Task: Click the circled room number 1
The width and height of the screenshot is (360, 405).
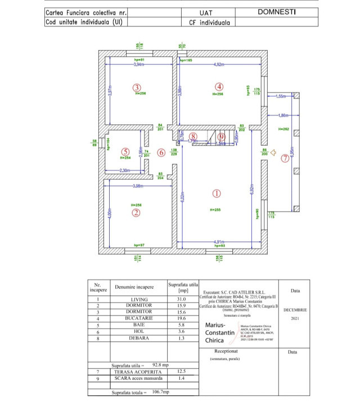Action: (217, 193)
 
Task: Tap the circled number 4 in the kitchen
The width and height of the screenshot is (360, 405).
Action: (219, 87)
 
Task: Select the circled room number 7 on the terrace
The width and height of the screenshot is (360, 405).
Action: (285, 159)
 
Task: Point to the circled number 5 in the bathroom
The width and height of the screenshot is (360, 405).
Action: (125, 152)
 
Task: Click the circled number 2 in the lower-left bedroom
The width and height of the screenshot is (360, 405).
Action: (136, 213)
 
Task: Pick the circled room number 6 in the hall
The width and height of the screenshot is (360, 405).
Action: (161, 152)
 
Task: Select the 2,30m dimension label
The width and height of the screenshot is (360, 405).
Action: (125, 170)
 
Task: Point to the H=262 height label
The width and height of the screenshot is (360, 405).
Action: (283, 129)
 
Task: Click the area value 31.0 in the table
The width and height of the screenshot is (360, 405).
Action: (182, 299)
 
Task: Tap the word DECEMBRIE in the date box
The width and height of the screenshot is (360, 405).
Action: (296, 309)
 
